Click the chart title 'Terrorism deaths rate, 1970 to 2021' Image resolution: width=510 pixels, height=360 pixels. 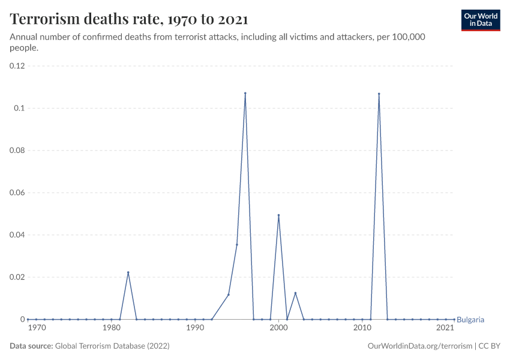tap(129, 19)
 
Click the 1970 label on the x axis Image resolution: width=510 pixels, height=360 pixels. tap(37, 328)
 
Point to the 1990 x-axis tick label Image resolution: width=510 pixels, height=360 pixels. tap(195, 328)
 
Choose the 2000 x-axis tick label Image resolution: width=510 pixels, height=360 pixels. tap(278, 328)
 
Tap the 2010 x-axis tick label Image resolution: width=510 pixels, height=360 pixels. tap(362, 328)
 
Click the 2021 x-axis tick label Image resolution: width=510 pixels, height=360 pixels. tap(445, 328)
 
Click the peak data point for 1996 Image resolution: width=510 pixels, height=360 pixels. tap(245, 94)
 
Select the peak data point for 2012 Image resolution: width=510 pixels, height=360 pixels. tap(379, 94)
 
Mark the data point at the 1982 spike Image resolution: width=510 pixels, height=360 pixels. tap(128, 272)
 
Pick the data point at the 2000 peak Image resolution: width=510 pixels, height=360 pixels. tap(278, 215)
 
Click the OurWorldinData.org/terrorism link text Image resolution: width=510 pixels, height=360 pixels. tap(419, 346)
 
